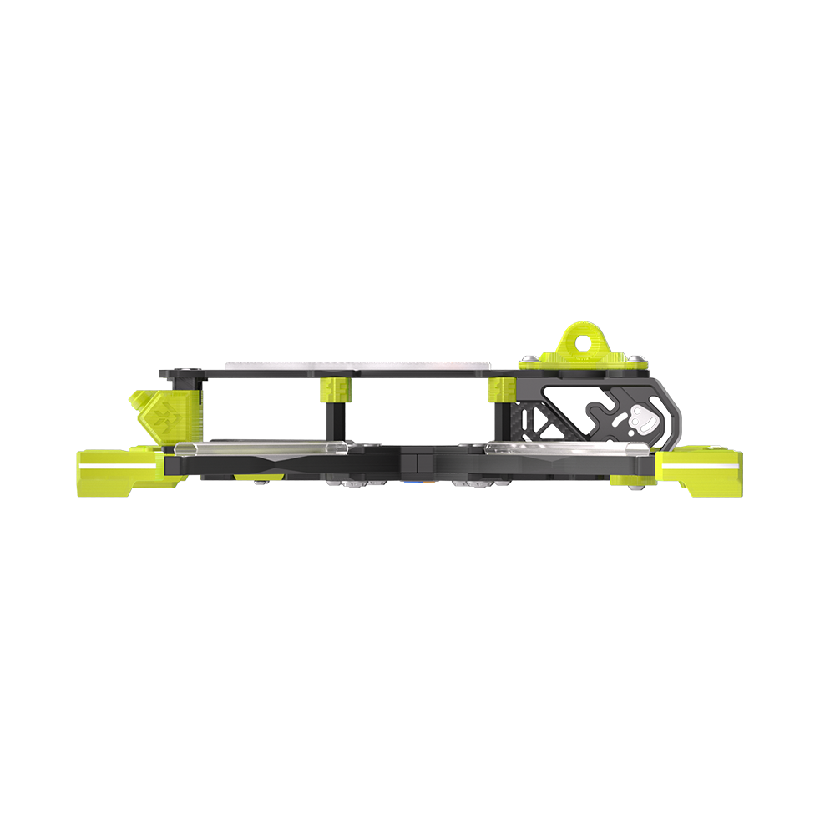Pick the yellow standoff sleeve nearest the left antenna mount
point(335,388)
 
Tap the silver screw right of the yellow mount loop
point(638,359)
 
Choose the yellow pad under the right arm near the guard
point(626,479)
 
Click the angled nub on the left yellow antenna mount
point(137,402)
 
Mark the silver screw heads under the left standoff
point(351,483)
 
